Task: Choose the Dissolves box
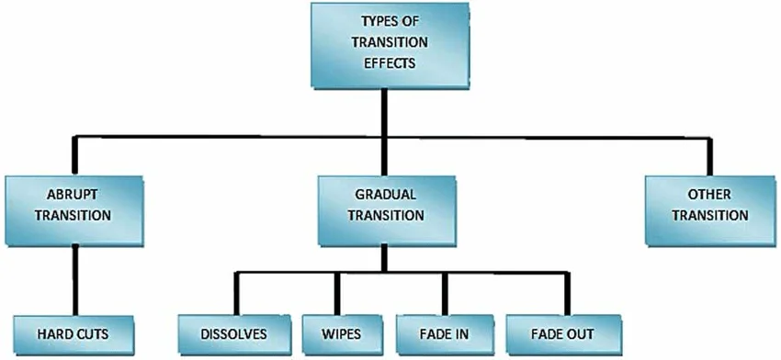(x=234, y=333)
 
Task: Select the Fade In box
(x=446, y=333)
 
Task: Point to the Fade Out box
(x=562, y=333)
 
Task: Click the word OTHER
(x=709, y=196)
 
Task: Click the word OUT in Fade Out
(x=581, y=333)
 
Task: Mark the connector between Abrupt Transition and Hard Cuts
(x=74, y=280)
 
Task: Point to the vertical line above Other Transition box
(x=710, y=155)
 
